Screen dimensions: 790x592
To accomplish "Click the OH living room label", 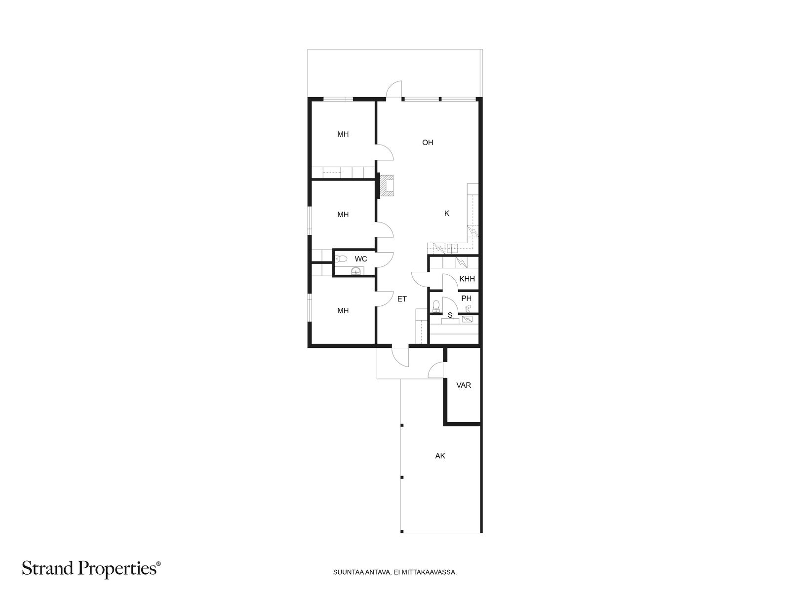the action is click(427, 143).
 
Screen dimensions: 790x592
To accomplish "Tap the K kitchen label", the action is click(447, 213).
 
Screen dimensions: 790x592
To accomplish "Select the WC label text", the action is click(360, 259).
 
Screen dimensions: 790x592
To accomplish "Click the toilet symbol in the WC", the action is click(341, 258).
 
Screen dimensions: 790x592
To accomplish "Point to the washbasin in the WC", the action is click(355, 271).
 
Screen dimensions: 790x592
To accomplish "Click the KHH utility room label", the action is click(467, 279).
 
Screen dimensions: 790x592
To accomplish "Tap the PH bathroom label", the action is click(466, 298).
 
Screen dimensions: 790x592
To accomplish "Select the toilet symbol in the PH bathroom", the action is click(436, 305).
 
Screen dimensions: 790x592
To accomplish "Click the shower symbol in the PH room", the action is click(468, 308).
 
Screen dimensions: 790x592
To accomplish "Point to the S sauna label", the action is click(449, 315).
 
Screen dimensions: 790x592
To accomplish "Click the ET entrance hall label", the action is click(401, 298).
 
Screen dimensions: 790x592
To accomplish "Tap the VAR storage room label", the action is click(463, 385).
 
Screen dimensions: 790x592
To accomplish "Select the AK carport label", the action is click(440, 456).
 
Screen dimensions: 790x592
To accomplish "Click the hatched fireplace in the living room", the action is click(387, 186).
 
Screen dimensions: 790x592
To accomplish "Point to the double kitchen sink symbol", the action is click(452, 248).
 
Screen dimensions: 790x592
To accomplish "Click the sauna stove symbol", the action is click(467, 319).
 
